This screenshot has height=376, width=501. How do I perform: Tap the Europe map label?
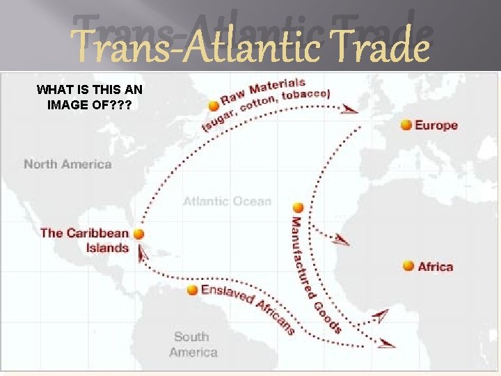tap(436, 125)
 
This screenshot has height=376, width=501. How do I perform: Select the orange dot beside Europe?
tap(406, 125)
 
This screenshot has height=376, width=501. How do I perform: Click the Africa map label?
tap(436, 267)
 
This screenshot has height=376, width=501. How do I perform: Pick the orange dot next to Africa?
tap(407, 266)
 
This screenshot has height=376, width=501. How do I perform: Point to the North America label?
tap(67, 164)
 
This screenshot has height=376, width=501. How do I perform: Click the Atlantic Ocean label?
tap(227, 201)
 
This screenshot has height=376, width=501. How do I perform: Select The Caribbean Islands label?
tap(84, 240)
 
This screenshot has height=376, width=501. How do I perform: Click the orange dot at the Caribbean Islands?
tap(139, 235)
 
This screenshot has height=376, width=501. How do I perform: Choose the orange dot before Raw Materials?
tap(213, 106)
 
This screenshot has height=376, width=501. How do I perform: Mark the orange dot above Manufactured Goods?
tap(298, 207)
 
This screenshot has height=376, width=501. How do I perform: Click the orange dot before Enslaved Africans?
tap(193, 290)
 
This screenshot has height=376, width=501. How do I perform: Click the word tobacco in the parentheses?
tap(305, 95)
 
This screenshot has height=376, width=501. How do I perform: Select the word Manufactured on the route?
tap(299, 251)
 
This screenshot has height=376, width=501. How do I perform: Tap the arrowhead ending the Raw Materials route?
tap(351, 109)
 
